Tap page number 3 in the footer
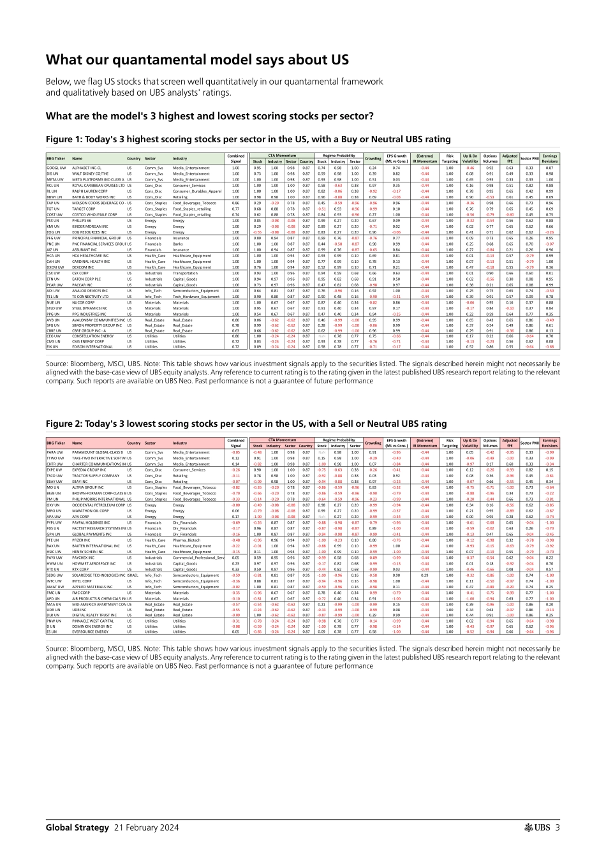pos(558,827)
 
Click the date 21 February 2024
pos(146,827)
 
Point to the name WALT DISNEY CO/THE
pos(90,174)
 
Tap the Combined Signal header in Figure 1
pos(235,158)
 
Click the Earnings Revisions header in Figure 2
pos(549,443)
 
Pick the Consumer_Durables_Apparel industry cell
pos(196,191)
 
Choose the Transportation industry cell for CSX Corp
pos(185,273)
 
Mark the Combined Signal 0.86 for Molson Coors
pos(235,202)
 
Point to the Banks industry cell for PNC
pos(177,244)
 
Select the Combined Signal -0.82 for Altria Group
pos(235,487)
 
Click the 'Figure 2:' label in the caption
pos(65,424)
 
